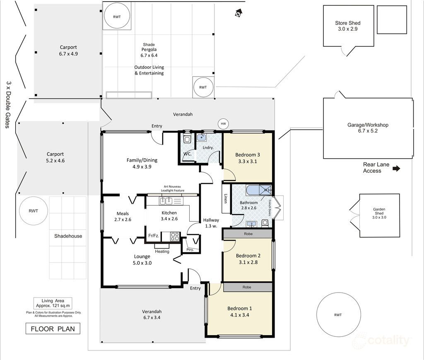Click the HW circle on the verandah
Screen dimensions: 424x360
pyautogui.click(x=223, y=124)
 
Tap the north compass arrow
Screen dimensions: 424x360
pyautogui.click(x=238, y=13)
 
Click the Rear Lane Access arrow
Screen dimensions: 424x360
pyautogui.click(x=396, y=169)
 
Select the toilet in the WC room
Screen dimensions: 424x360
pyautogui.click(x=187, y=138)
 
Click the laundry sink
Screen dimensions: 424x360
pyautogui.click(x=202, y=138)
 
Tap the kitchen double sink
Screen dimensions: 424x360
pyautogui.click(x=166, y=201)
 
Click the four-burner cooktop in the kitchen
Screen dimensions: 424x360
pyautogui.click(x=175, y=237)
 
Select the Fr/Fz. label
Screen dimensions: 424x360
pyautogui.click(x=154, y=236)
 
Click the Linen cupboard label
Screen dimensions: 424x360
pyautogui.click(x=226, y=198)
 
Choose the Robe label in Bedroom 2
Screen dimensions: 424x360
pyautogui.click(x=248, y=234)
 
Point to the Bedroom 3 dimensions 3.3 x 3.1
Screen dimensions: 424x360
pyautogui.click(x=248, y=162)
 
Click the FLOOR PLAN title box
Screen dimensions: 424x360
pyautogui.click(x=53, y=329)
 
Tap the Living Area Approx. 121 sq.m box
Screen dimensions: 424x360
pyautogui.click(x=53, y=303)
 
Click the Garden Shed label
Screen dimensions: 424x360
pyautogui.click(x=379, y=211)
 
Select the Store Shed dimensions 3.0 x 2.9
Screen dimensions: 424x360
pyautogui.click(x=348, y=29)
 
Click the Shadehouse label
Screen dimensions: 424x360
pyautogui.click(x=68, y=236)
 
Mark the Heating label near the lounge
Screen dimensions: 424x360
pyautogui.click(x=162, y=251)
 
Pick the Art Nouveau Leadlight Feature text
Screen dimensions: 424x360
pyautogui.click(x=173, y=188)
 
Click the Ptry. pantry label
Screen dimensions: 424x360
pyautogui.click(x=190, y=250)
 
